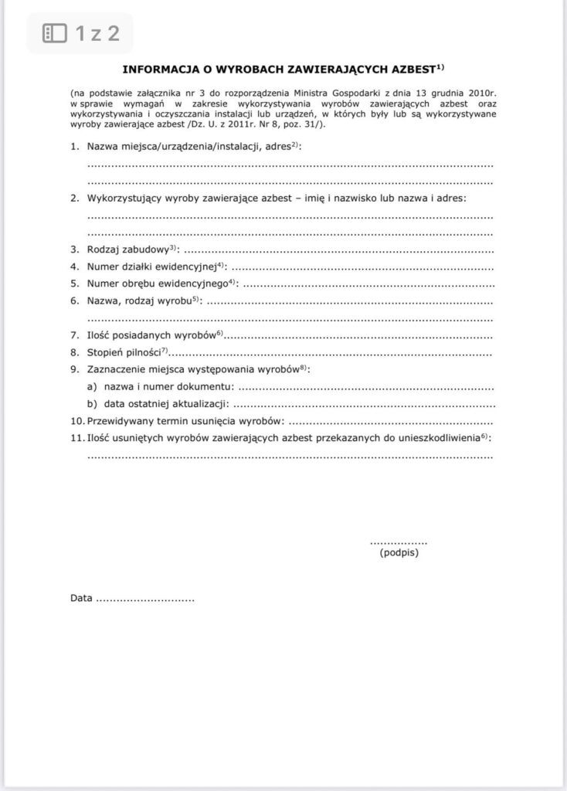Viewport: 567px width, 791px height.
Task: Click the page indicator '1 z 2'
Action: pos(97,33)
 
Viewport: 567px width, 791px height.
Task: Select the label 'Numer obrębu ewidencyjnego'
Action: pos(155,283)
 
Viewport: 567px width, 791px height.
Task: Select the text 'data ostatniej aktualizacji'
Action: pos(165,404)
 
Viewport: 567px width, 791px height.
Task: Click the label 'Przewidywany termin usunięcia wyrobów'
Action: pos(185,421)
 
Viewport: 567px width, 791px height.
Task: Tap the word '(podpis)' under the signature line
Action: pos(399,553)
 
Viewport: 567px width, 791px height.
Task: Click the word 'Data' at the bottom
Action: pos(81,598)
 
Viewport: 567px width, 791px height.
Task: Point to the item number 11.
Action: pos(75,438)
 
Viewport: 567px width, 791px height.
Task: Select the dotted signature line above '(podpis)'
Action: pos(399,543)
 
